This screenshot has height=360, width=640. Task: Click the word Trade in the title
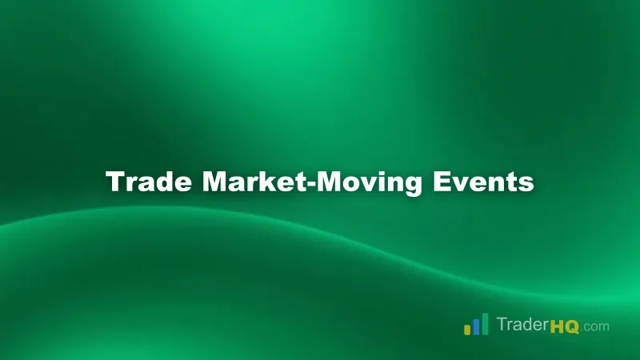pyautogui.click(x=149, y=182)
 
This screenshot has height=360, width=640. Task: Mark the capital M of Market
pyautogui.click(x=214, y=182)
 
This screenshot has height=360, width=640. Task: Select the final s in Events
pyautogui.click(x=526, y=184)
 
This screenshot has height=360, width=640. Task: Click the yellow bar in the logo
pyautogui.click(x=467, y=329)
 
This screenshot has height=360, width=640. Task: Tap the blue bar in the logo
pyautogui.click(x=476, y=326)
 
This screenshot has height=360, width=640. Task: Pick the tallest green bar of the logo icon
pyautogui.click(x=485, y=323)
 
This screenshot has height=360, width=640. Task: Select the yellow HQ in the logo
pyautogui.click(x=565, y=326)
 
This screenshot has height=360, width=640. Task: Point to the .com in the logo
pyautogui.click(x=596, y=326)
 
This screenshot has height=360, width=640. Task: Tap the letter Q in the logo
pyautogui.click(x=573, y=326)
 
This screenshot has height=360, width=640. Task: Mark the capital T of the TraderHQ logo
pyautogui.click(x=502, y=325)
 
